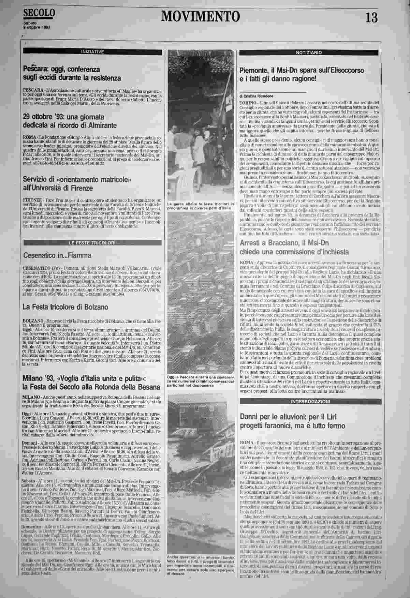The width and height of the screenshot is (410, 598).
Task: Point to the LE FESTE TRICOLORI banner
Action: click(92, 242)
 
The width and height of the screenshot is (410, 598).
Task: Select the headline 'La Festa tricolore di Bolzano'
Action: click(60, 307)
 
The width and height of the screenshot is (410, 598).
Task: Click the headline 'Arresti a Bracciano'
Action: click(294, 248)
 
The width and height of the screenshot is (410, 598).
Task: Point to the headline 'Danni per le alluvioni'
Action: click(293, 421)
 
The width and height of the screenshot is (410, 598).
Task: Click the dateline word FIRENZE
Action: click(32, 199)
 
